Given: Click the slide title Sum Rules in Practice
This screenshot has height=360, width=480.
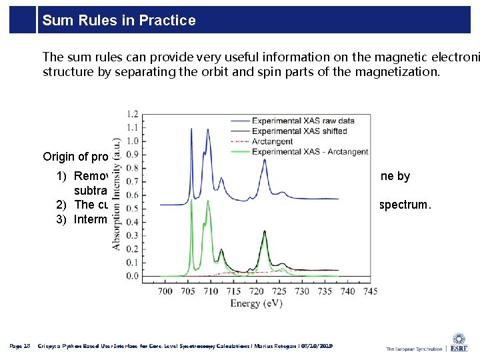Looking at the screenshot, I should point(119,21).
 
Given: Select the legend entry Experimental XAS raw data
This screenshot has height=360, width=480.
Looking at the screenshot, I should point(303,121).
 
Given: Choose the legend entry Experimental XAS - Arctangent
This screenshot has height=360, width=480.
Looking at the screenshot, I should point(309,151).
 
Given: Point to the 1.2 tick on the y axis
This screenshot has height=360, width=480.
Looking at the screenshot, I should point(133,113).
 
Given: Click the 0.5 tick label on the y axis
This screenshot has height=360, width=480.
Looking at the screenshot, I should point(133,208).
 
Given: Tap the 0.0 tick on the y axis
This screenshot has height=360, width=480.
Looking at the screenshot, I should point(133,276).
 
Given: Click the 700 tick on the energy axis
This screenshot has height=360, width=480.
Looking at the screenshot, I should point(165,291).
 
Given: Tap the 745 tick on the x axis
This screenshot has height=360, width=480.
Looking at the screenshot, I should point(370,291).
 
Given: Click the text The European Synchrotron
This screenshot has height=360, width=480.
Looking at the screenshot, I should point(413,349).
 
